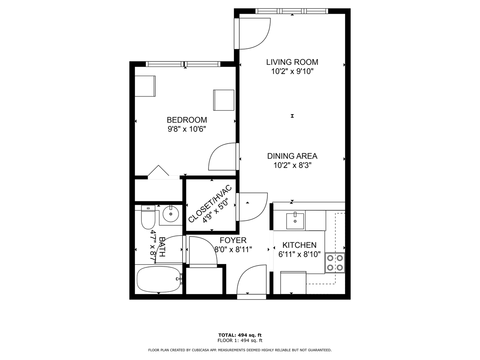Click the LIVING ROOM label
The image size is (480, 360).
click(292, 62)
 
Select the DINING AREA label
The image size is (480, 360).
click(292, 156)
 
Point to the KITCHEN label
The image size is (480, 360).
click(299, 245)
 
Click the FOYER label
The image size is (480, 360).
click(233, 240)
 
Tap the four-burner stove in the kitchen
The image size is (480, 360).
click(334, 262)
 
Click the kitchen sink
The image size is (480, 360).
click(295, 220)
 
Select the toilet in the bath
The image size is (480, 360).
click(148, 217)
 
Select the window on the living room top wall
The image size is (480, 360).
click(292, 11)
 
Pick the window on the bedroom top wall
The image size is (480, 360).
click(183, 64)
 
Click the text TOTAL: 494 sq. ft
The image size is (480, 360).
click(240, 335)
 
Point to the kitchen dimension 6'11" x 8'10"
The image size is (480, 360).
click(299, 255)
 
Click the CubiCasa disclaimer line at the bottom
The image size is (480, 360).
click(240, 350)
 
